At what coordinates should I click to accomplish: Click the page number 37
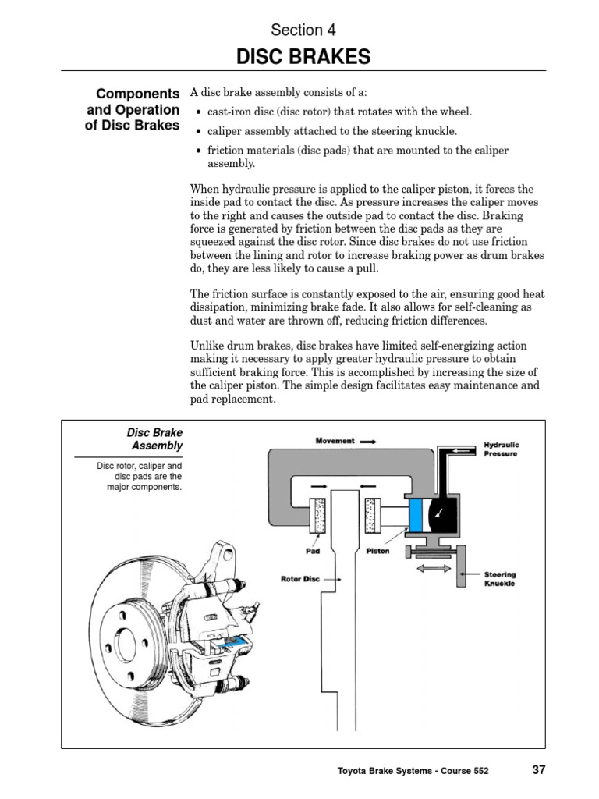click(539, 769)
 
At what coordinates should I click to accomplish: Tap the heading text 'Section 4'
click(296, 30)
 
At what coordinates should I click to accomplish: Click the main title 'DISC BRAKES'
click(299, 57)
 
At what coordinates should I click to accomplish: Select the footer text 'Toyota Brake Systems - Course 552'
click(413, 771)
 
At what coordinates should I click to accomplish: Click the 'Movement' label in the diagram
click(335, 441)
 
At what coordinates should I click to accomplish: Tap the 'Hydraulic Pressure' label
click(502, 449)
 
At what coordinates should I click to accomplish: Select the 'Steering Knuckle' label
click(499, 579)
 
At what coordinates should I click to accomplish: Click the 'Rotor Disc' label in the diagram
click(300, 579)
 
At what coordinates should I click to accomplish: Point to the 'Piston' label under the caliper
click(378, 550)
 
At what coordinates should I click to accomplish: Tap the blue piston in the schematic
click(416, 516)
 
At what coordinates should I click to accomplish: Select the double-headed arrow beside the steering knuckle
click(434, 570)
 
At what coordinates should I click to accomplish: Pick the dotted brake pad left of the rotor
click(319, 515)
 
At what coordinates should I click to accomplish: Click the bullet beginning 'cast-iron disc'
click(340, 112)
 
